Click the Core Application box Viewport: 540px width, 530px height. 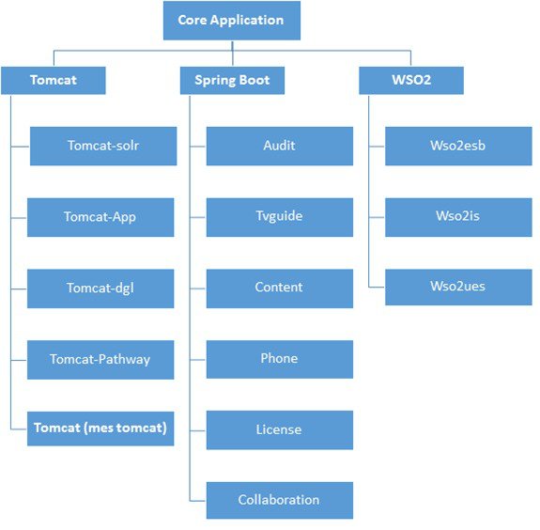click(232, 21)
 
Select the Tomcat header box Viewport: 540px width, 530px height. click(54, 80)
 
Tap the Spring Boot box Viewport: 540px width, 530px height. click(233, 80)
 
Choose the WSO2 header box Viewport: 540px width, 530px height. click(411, 80)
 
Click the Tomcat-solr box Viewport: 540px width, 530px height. click(103, 146)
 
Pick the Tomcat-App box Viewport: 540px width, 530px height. click(100, 217)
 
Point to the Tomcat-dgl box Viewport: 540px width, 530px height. click(100, 288)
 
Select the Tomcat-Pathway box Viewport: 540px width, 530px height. click(100, 360)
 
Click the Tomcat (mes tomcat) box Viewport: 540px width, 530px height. click(100, 429)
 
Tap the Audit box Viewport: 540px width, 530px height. click(280, 146)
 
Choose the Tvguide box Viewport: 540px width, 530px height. click(280, 217)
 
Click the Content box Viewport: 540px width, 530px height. click(280, 288)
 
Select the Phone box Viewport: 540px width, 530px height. click(280, 359)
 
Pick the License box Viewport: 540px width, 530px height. click(280, 430)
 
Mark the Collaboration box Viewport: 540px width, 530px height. click(280, 500)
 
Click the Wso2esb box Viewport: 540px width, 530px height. click(458, 146)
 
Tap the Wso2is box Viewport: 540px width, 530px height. click(458, 217)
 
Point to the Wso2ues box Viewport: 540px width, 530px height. click(458, 287)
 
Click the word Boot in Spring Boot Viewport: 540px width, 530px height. click(255, 80)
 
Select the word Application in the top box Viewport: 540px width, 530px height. click(247, 21)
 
